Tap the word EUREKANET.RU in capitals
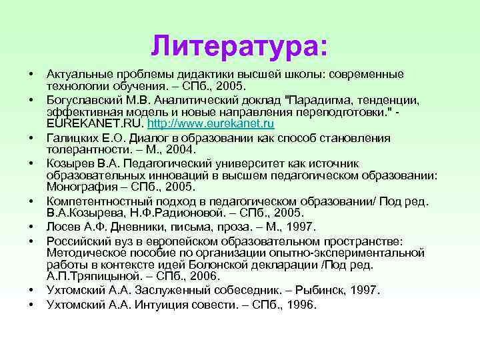pos(95,124)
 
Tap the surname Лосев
pos(63,227)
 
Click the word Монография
pos(79,188)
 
